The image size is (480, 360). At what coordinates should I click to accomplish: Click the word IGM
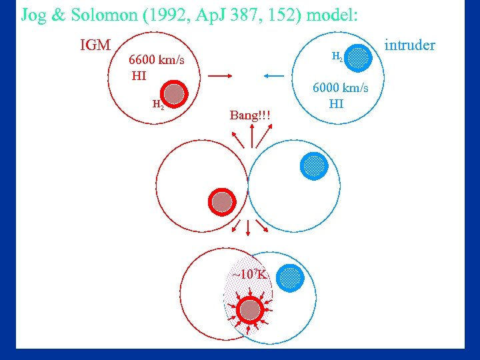pos(95,46)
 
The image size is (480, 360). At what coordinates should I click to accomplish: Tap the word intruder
pos(411,45)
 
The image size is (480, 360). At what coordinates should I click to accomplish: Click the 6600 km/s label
pos(157,61)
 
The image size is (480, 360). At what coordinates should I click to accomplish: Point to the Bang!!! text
pos(250,115)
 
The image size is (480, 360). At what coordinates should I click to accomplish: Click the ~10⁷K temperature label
pos(249,274)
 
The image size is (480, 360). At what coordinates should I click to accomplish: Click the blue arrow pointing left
pos(274,77)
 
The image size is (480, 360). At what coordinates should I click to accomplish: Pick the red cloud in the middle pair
pos(221,201)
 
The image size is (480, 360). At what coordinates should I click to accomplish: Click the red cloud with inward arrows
pos(250,309)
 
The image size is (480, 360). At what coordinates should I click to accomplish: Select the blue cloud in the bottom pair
pos(289,277)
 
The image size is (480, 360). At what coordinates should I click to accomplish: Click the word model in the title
pos(335,15)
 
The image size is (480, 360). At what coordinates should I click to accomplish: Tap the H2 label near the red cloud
pos(158,104)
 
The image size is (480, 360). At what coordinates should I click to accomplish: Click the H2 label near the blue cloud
pos(337,58)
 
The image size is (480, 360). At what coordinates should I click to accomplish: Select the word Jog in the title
pos(33,15)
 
